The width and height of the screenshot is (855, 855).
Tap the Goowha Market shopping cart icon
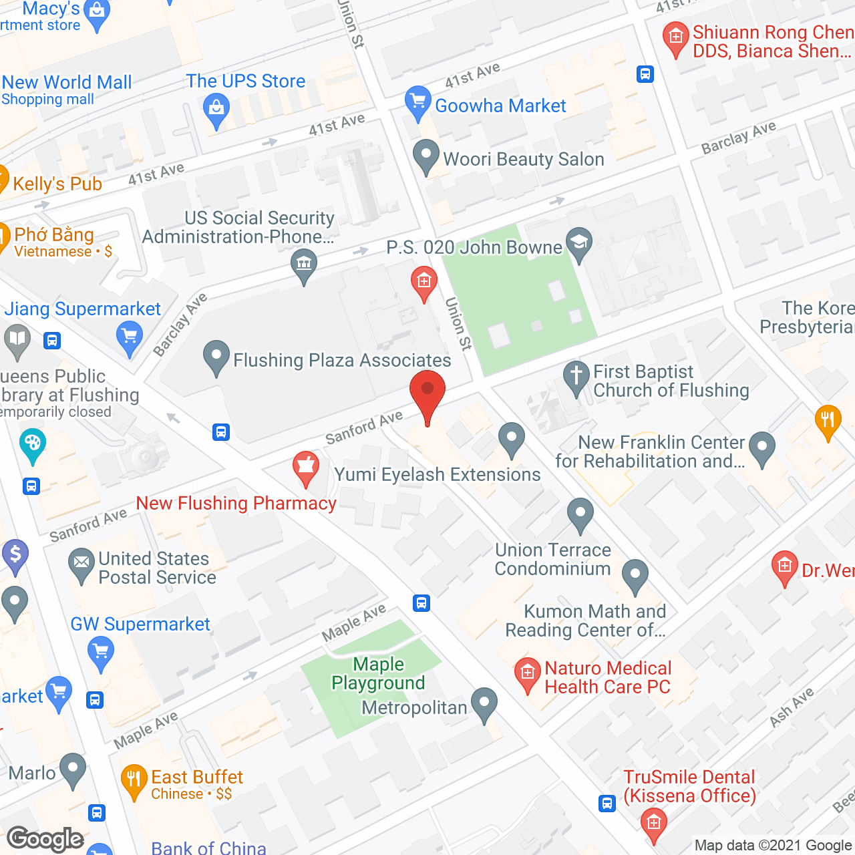click(x=418, y=102)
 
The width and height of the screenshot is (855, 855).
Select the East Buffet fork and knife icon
click(x=134, y=780)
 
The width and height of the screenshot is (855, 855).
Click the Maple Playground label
click(x=378, y=673)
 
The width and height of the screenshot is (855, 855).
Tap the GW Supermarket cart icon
click(x=100, y=651)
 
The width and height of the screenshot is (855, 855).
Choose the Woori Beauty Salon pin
click(x=425, y=156)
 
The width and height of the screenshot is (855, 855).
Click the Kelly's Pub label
click(x=57, y=184)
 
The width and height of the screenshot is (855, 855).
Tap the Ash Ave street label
click(x=792, y=707)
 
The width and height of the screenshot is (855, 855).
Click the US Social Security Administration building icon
click(x=304, y=264)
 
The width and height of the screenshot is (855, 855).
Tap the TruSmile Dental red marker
click(x=653, y=824)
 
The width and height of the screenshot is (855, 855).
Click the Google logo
click(x=45, y=839)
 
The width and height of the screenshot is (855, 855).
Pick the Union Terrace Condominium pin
click(x=580, y=515)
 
